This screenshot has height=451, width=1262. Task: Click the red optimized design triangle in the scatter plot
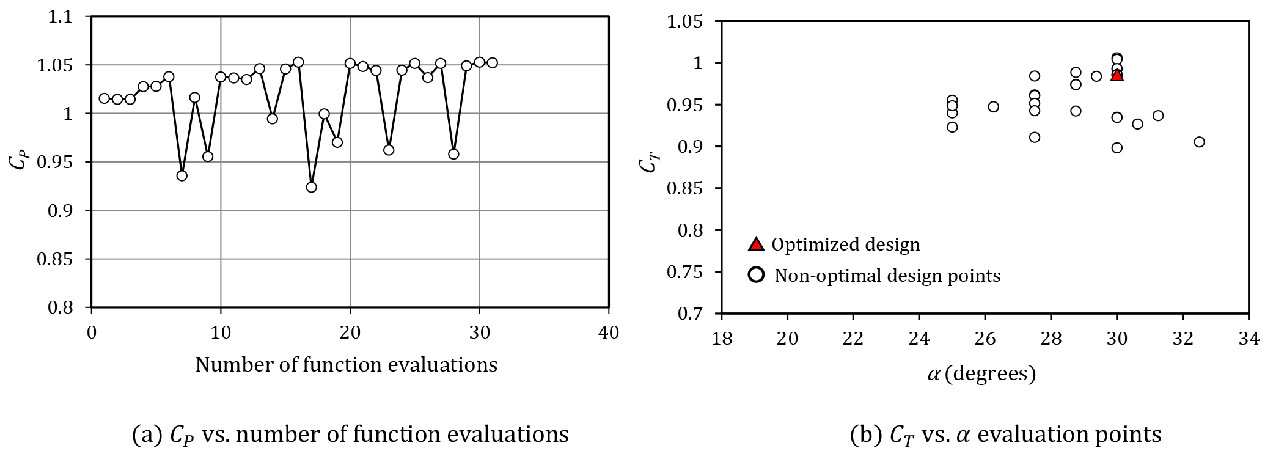pos(1117,75)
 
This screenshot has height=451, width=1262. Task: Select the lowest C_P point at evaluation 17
pos(311,187)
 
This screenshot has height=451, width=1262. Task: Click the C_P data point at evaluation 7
pos(182,175)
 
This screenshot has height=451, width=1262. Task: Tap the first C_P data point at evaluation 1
pos(104,98)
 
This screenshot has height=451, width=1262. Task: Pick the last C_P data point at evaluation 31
pos(492,62)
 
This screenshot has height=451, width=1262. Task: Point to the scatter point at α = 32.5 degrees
pos(1199,142)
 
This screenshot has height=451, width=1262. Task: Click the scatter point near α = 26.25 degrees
pos(993,107)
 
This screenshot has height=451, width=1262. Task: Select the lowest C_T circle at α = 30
pos(1117,148)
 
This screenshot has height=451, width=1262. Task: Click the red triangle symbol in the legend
pos(756,244)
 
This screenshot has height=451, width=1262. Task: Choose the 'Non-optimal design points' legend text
pos(887,276)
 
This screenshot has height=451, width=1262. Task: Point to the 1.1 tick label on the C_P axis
pos(60,17)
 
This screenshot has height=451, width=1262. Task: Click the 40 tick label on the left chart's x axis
pos(609,333)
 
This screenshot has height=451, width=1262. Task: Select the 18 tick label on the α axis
pos(722,338)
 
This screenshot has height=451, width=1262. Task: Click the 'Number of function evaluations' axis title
pos(346,365)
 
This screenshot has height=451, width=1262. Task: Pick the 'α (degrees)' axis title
pos(981,373)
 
